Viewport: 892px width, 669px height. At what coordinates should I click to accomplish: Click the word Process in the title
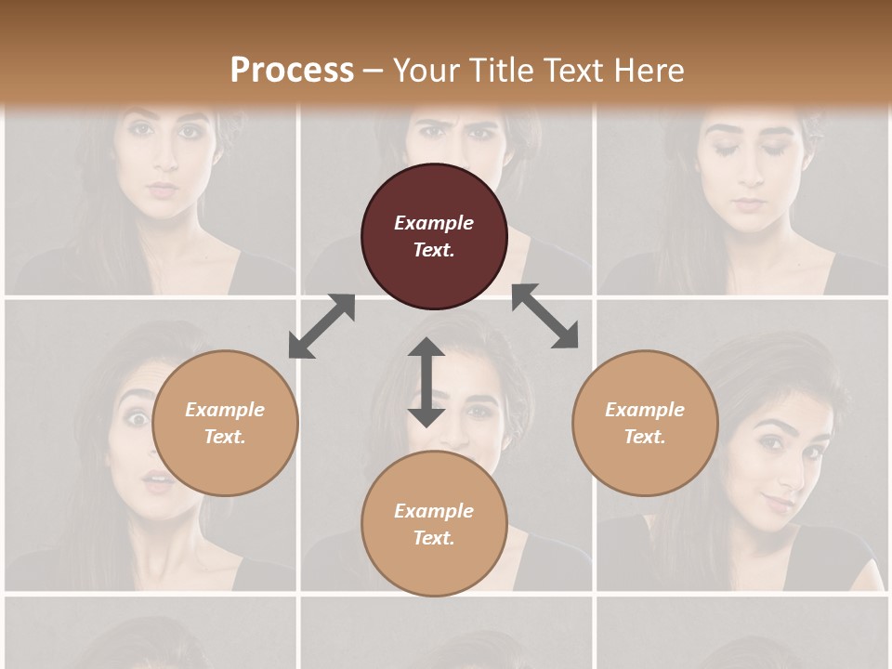click(292, 70)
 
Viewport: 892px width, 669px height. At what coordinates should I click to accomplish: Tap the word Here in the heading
click(648, 70)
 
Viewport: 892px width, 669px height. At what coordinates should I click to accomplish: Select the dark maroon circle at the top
click(434, 236)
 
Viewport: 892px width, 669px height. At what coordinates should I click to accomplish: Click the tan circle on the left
click(225, 423)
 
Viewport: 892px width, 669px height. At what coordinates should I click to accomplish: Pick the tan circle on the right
click(645, 423)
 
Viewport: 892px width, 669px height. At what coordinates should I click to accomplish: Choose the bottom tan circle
click(434, 524)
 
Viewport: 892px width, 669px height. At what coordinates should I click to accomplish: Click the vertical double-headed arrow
click(426, 382)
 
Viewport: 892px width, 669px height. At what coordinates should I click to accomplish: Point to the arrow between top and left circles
click(321, 326)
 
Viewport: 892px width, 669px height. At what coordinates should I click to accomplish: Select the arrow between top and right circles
click(545, 316)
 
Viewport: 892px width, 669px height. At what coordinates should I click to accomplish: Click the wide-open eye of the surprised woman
click(138, 419)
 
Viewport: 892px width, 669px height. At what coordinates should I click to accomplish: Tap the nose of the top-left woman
click(164, 160)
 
